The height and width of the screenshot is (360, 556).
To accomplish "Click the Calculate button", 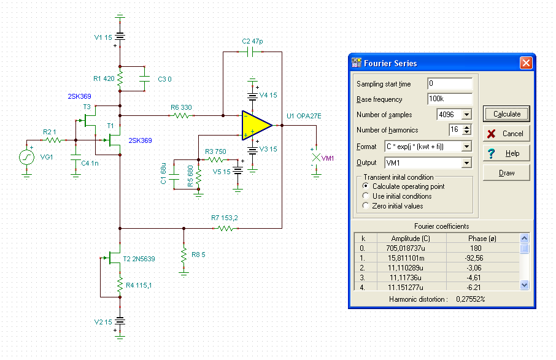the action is click(x=506, y=114).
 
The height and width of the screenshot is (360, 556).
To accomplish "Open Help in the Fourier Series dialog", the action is click(x=506, y=153).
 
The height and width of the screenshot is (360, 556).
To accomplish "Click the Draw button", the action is click(x=506, y=173).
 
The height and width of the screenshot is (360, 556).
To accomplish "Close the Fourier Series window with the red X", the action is click(x=526, y=63).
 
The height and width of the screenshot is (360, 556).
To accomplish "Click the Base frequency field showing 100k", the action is click(x=450, y=99).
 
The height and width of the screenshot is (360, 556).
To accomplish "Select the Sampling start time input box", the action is click(x=450, y=83).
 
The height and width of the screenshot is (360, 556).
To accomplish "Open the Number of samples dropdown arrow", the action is click(x=466, y=115).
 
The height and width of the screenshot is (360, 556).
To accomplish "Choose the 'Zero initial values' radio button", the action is click(x=366, y=205).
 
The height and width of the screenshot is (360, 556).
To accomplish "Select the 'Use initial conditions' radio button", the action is click(x=366, y=196).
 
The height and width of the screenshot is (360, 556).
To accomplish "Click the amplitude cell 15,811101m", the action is click(x=406, y=258).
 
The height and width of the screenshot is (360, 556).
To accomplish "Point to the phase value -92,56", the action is click(x=474, y=258).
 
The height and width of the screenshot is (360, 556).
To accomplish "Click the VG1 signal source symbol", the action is click(x=26, y=158).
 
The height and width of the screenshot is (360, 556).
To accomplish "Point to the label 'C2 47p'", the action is click(x=252, y=41).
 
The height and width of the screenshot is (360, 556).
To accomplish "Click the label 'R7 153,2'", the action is click(x=225, y=218).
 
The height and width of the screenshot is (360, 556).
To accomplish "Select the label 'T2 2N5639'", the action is click(x=139, y=259).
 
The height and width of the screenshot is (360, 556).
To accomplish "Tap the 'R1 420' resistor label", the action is click(x=104, y=79).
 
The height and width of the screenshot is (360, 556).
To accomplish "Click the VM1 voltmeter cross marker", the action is click(x=316, y=158).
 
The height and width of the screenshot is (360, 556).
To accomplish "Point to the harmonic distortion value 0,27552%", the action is click(x=471, y=299).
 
